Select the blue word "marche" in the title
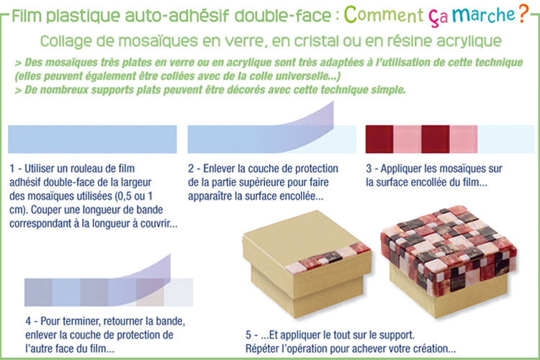click(x=484, y=14)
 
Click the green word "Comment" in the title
click(x=383, y=15)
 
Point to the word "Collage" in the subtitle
click(x=66, y=42)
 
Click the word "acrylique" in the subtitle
click(x=469, y=42)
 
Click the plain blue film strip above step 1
click(x=92, y=139)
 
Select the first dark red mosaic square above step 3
click(x=379, y=139)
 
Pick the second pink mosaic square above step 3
click(x=464, y=139)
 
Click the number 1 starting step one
click(x=12, y=168)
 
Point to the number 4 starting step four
click(x=28, y=321)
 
